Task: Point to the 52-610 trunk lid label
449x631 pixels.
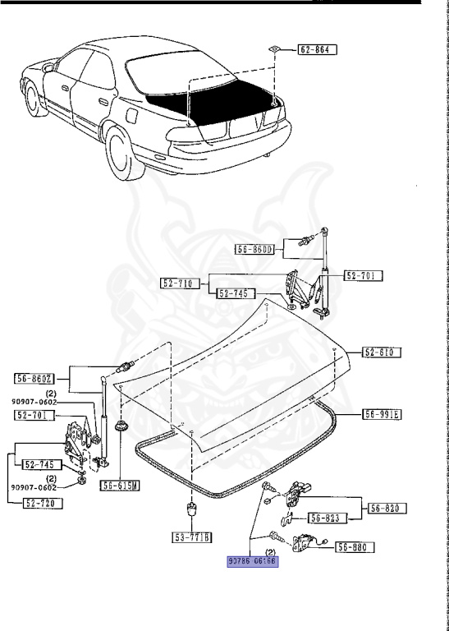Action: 378,352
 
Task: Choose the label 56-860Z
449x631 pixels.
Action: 35,378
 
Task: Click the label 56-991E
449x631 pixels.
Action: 382,413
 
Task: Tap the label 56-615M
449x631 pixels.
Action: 120,486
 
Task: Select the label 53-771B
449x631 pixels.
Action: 192,538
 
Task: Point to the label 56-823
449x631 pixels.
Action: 329,518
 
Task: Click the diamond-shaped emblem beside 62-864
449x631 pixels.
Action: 274,48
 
